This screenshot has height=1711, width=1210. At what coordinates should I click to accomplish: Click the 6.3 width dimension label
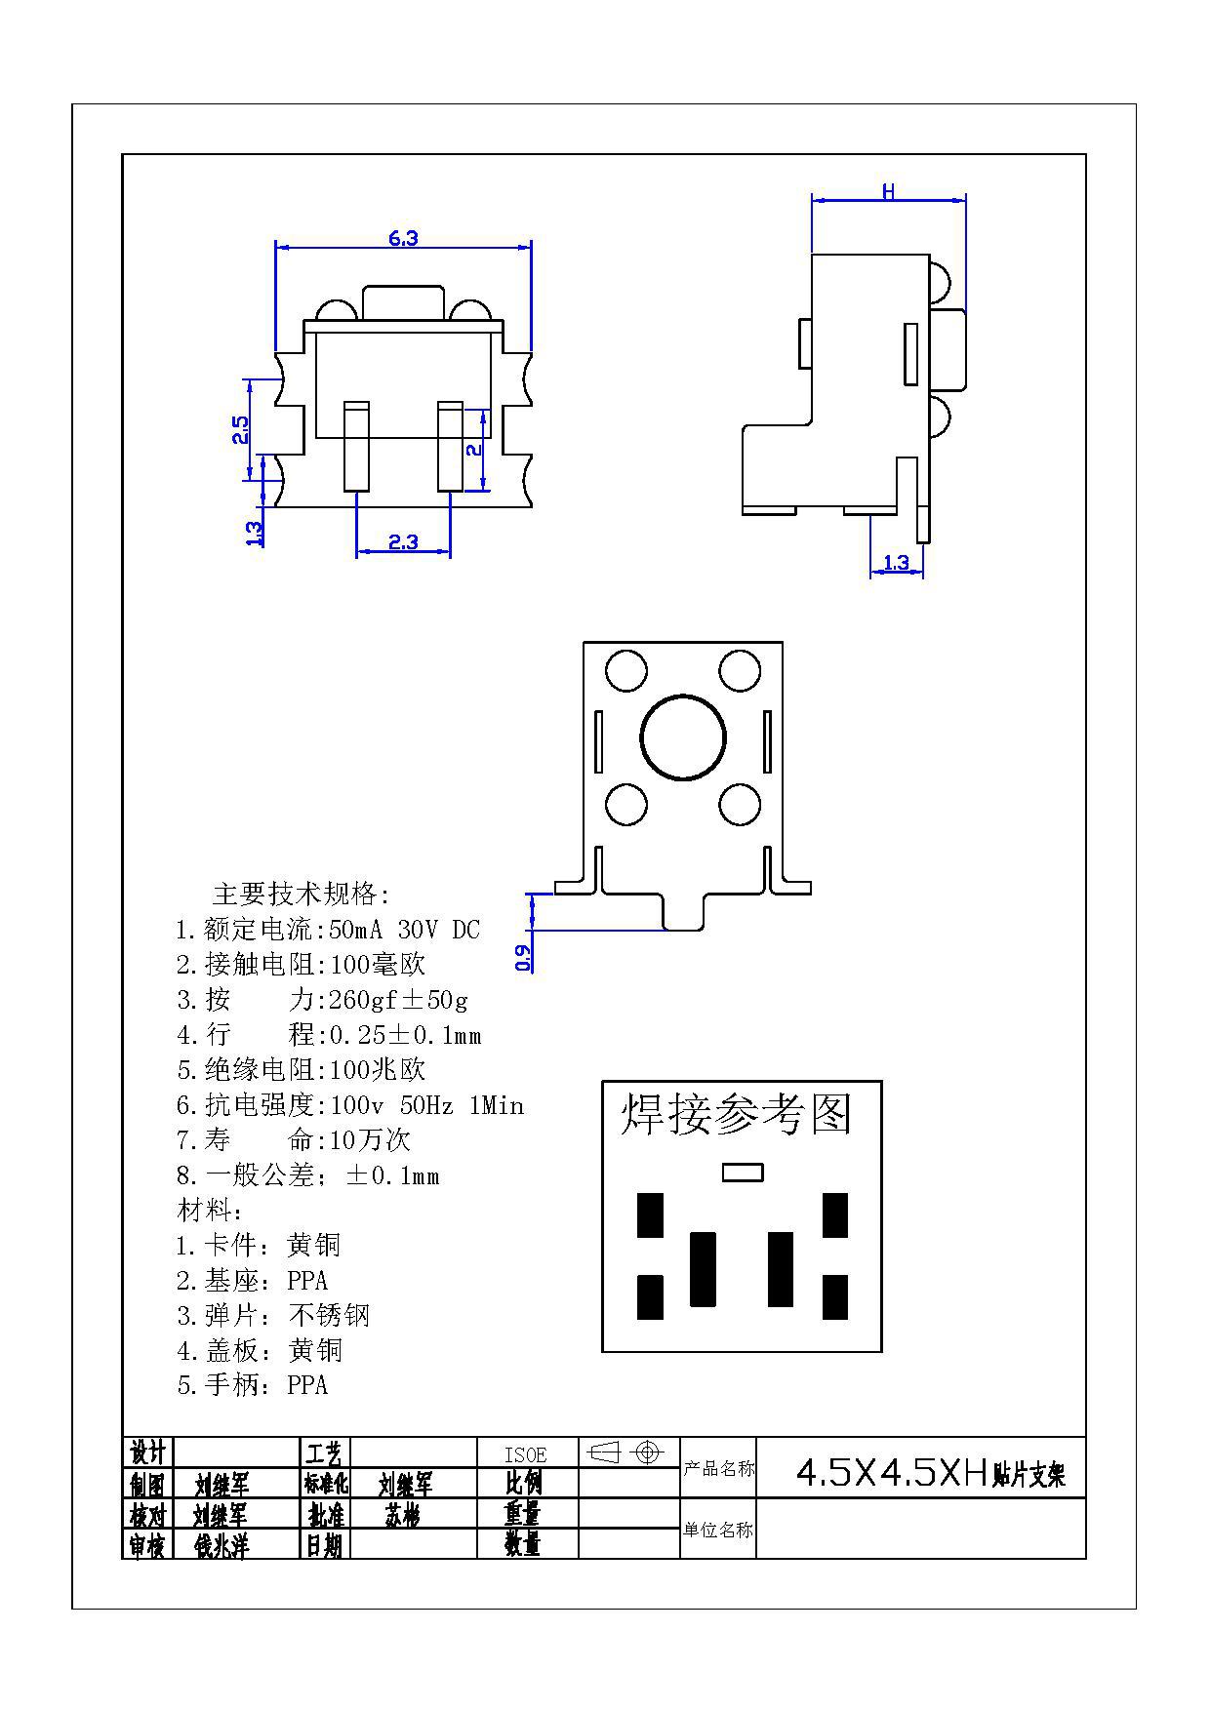pyautogui.click(x=403, y=238)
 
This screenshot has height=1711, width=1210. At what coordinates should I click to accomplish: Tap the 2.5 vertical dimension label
pyautogui.click(x=240, y=430)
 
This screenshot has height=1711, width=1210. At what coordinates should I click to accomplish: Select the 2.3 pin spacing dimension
pyautogui.click(x=403, y=542)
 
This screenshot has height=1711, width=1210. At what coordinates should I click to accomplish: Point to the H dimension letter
pyautogui.click(x=888, y=192)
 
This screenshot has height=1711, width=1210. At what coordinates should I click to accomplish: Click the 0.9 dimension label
pyautogui.click(x=524, y=958)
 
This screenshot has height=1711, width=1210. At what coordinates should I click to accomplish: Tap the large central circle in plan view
pyautogui.click(x=683, y=737)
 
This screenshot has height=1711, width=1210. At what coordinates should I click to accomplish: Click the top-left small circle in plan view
pyautogui.click(x=625, y=671)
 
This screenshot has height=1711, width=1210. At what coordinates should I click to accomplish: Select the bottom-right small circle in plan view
pyautogui.click(x=740, y=805)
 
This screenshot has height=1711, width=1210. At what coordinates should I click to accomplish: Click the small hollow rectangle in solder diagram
pyautogui.click(x=742, y=1172)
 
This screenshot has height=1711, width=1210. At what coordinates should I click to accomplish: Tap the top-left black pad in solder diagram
pyautogui.click(x=650, y=1214)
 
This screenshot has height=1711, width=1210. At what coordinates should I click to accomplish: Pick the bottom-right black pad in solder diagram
pyautogui.click(x=834, y=1297)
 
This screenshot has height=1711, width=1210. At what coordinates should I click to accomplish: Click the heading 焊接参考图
pyautogui.click(x=737, y=1115)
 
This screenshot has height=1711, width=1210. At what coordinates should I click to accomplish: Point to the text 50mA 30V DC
pyautogui.click(x=405, y=930)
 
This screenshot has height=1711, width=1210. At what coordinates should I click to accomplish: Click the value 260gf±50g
pyautogui.click(x=399, y=1000)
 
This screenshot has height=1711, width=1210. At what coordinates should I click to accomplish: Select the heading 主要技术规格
pyautogui.click(x=301, y=895)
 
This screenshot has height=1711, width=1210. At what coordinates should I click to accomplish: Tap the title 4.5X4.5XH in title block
pyautogui.click(x=892, y=1472)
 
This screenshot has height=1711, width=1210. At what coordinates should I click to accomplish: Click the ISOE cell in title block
pyautogui.click(x=526, y=1454)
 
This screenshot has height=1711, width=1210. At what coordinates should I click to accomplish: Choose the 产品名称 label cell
pyautogui.click(x=718, y=1468)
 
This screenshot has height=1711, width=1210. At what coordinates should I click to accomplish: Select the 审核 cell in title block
pyautogui.click(x=147, y=1545)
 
